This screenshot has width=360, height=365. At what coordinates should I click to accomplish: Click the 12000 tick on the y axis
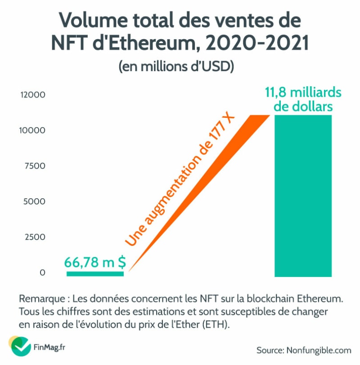[32, 95]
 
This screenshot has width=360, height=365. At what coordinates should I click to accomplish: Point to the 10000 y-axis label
[32, 130]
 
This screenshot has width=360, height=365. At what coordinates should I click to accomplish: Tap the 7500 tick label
[34, 166]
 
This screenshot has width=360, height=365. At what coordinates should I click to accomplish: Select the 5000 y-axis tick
[34, 201]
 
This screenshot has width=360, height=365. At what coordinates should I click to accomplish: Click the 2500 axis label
[34, 237]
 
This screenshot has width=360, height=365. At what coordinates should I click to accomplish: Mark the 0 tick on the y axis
[42, 272]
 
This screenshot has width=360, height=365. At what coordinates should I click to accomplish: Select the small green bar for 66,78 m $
[95, 273]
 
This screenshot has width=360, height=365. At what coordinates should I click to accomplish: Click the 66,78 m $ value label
[95, 262]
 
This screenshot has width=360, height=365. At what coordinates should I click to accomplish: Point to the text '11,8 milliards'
[303, 93]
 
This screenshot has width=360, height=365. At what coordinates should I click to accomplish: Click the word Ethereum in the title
[159, 43]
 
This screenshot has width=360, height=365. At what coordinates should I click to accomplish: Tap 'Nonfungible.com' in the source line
[317, 350]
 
